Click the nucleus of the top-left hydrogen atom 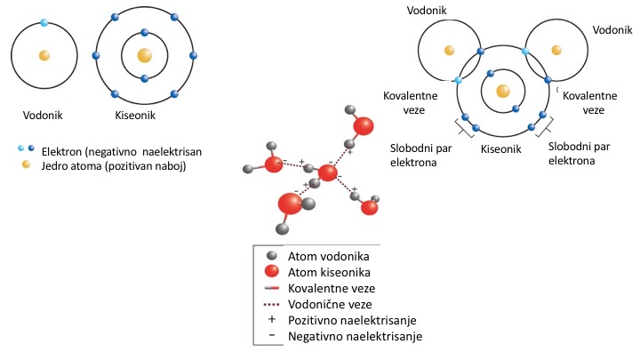pos(44,55)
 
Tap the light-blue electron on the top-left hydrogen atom pos(44,21)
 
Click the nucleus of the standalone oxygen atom pos(145,55)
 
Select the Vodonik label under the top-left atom pos(44,115)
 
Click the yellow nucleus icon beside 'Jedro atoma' pos(26,164)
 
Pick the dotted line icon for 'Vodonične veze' pos(275,304)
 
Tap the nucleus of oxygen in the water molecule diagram pos(503,90)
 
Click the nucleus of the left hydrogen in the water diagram pos(451,50)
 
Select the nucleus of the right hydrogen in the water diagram pos(556,50)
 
